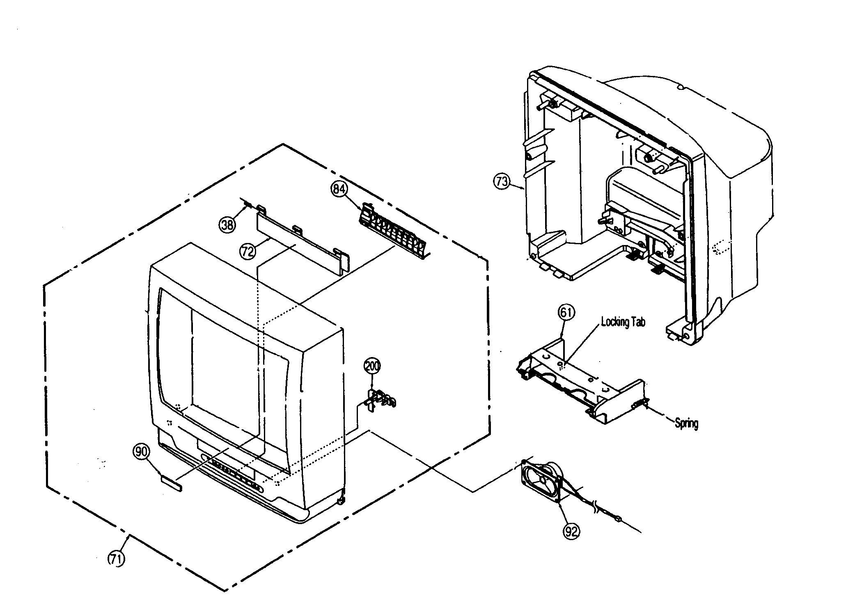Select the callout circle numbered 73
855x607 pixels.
(502, 181)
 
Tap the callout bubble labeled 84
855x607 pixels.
(339, 189)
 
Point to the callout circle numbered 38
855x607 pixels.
(227, 224)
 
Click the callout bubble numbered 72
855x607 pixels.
(248, 251)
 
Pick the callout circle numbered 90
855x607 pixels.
(141, 452)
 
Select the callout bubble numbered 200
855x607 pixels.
(372, 366)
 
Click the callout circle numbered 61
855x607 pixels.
(566, 313)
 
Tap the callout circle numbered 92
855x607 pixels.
(571, 531)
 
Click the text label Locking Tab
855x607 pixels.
(623, 322)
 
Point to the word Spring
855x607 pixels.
(686, 423)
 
